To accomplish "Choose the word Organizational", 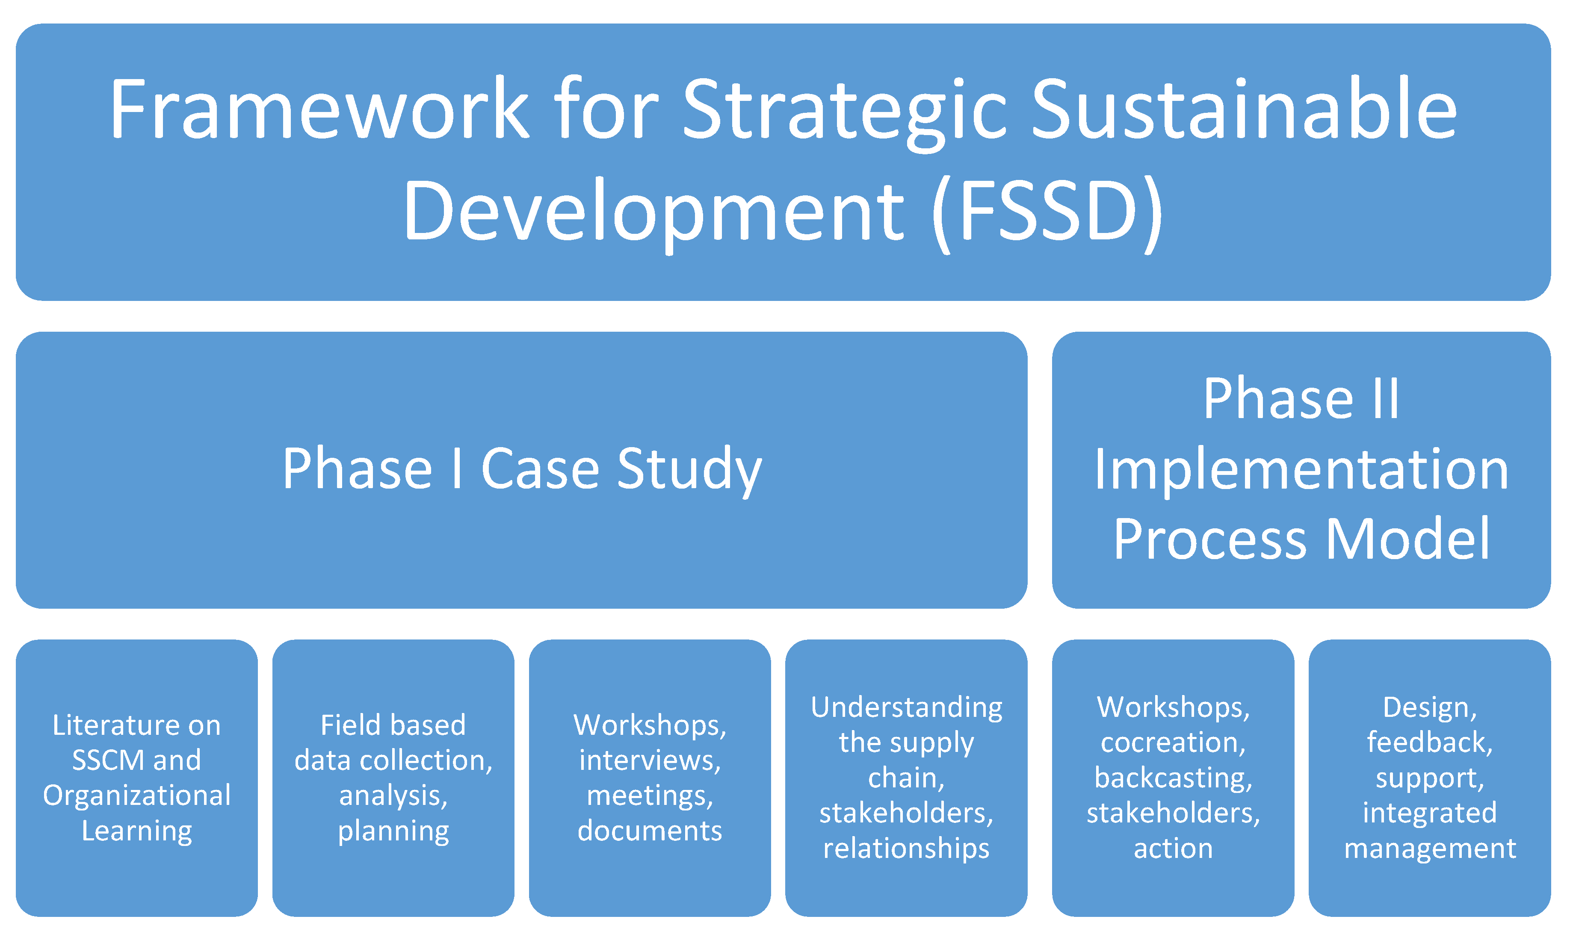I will [136, 796].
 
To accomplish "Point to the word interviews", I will [649, 760].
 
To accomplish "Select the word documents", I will [649, 831].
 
